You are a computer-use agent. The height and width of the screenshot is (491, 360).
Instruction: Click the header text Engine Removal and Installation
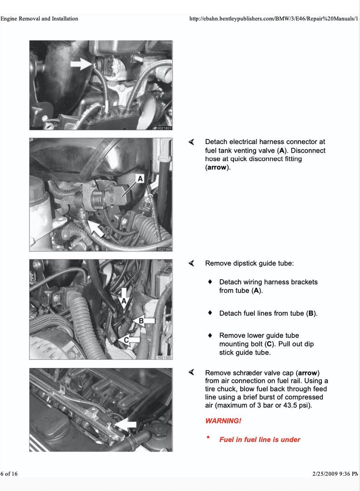(x=39, y=19)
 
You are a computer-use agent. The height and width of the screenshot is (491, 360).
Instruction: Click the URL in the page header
(x=274, y=19)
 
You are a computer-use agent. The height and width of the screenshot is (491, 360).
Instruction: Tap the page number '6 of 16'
(x=9, y=474)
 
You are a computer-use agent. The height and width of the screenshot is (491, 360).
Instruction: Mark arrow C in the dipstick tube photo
(x=128, y=339)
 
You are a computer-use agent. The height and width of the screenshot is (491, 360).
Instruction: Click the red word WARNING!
(x=223, y=421)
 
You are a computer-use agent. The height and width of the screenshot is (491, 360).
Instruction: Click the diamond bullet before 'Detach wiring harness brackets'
(x=210, y=282)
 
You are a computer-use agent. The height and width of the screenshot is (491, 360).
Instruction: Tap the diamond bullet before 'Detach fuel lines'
(x=210, y=313)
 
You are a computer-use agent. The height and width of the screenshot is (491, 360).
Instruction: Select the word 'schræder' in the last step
(x=243, y=373)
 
